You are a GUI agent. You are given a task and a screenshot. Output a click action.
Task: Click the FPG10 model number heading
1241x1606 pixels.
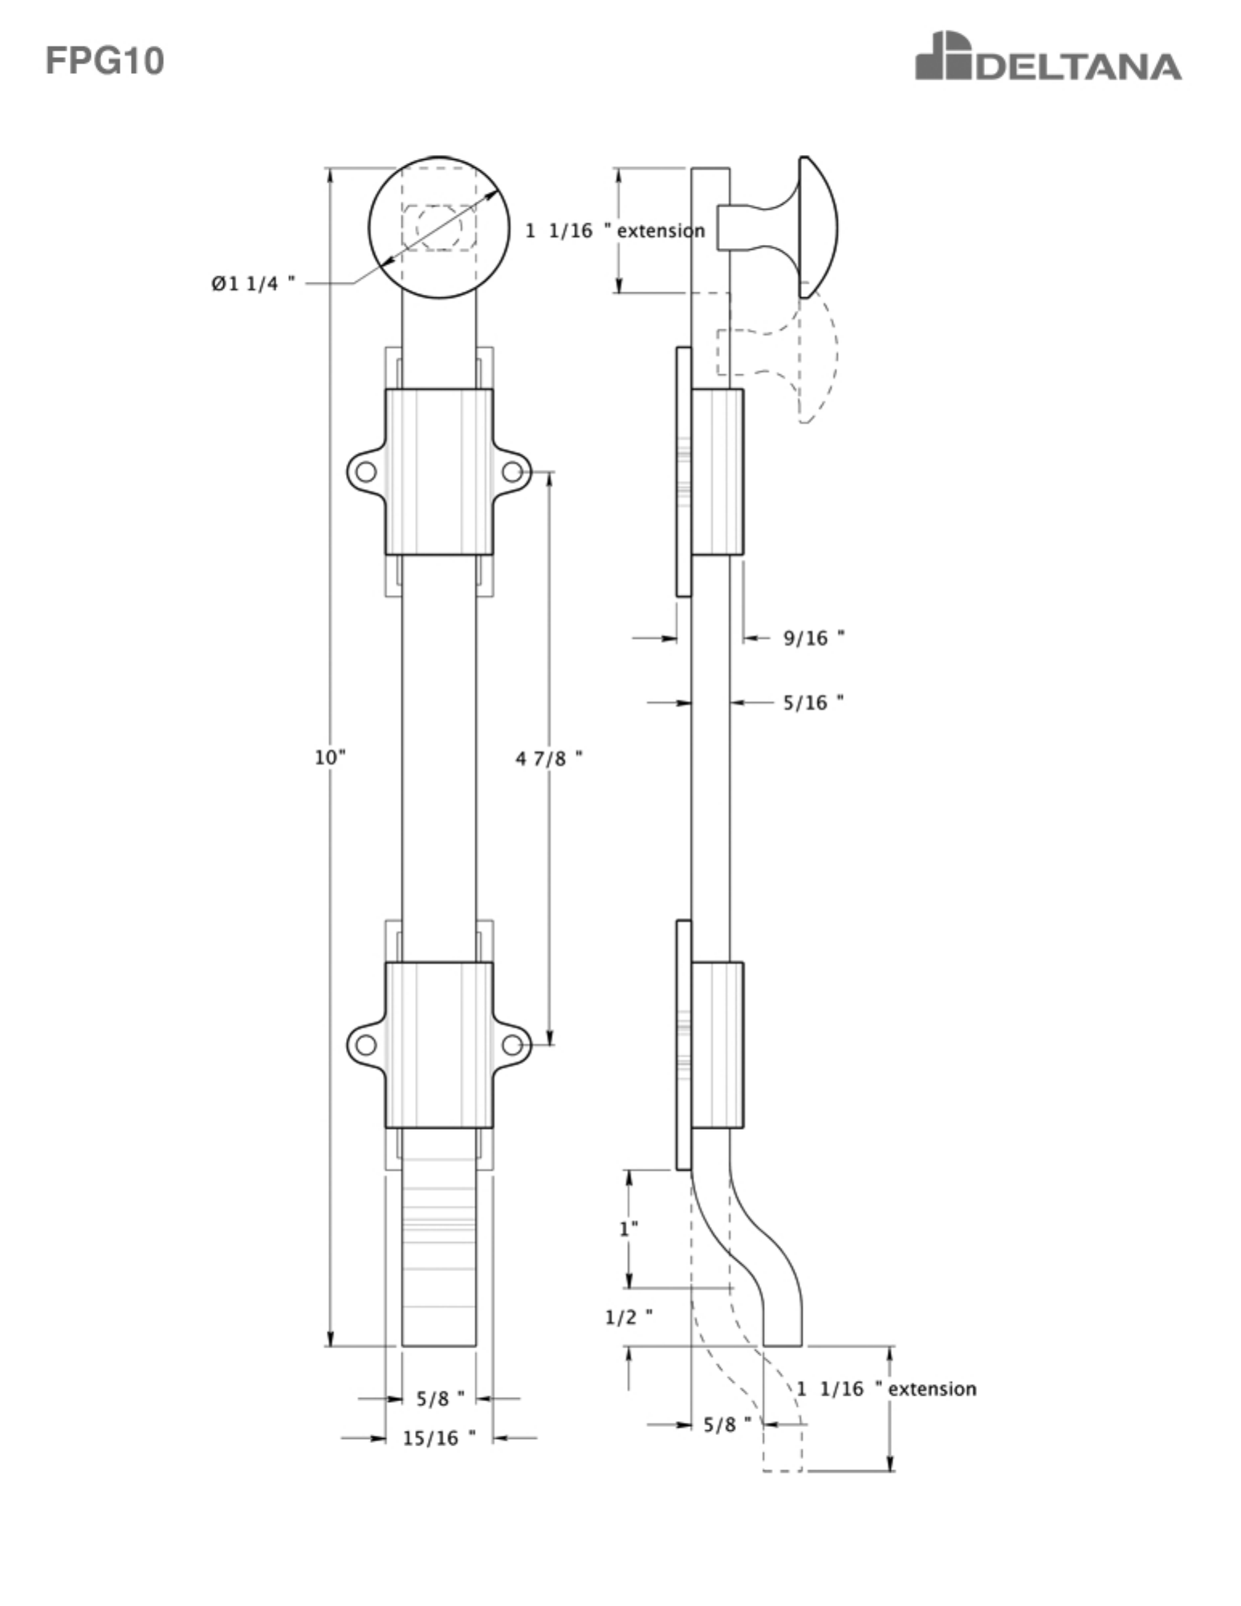(104, 61)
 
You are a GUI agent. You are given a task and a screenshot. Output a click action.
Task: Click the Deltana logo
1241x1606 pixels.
(1048, 56)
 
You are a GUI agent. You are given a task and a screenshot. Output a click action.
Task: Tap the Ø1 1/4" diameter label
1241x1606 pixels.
(253, 283)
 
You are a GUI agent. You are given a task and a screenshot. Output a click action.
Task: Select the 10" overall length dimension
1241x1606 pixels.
(330, 757)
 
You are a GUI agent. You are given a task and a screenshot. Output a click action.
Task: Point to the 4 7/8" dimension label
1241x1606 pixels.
(549, 758)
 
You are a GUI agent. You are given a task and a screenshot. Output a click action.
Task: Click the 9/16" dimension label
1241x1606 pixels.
(814, 638)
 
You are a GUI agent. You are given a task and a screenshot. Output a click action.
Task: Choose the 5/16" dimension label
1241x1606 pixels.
(814, 703)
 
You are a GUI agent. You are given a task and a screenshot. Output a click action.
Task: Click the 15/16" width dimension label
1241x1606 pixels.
(439, 1438)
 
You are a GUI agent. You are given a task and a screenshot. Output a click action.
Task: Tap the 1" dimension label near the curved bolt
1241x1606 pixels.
(629, 1229)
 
